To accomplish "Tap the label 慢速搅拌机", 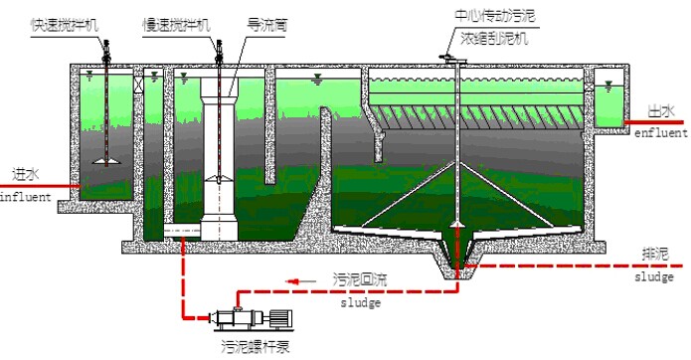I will tap(176, 21).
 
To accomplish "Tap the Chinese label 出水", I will tap(658, 112).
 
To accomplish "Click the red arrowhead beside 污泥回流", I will tap(294, 281).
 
